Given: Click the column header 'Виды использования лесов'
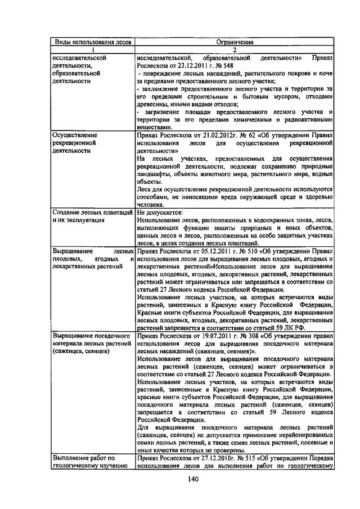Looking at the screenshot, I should (92, 42).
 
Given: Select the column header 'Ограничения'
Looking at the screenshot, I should (235, 42).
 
